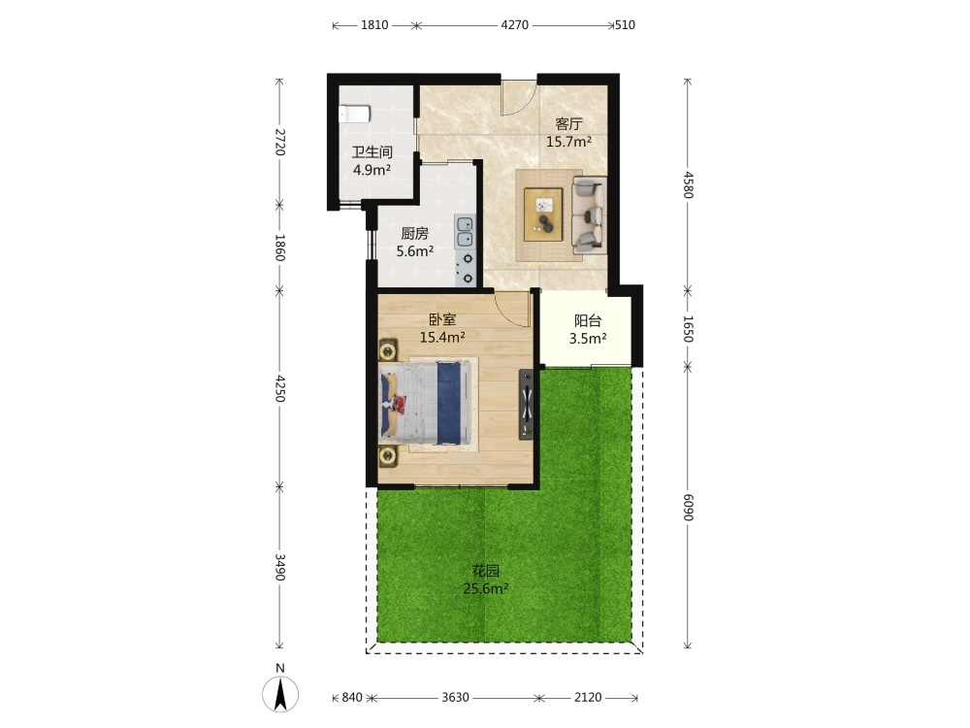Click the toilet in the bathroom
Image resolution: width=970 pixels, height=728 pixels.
pyautogui.click(x=354, y=114)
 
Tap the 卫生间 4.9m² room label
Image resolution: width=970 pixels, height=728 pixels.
pyautogui.click(x=372, y=161)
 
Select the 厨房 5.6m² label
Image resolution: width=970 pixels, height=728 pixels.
pyautogui.click(x=414, y=242)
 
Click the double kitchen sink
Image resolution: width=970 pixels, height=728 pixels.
pyautogui.click(x=465, y=232)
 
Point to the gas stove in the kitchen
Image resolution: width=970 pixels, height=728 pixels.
pyautogui.click(x=466, y=268)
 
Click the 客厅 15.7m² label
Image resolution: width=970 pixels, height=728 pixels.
pyautogui.click(x=568, y=132)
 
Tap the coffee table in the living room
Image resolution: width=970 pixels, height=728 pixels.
pyautogui.click(x=543, y=215)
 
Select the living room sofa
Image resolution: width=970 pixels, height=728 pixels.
pyautogui.click(x=589, y=215)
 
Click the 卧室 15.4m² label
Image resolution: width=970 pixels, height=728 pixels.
pyautogui.click(x=442, y=328)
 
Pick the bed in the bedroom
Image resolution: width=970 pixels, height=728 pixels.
pyautogui.click(x=424, y=403)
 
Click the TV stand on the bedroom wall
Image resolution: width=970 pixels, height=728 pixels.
pyautogui.click(x=527, y=404)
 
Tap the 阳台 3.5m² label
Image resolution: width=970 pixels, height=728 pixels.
pyautogui.click(x=588, y=329)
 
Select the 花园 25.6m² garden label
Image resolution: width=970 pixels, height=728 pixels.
pyautogui.click(x=486, y=579)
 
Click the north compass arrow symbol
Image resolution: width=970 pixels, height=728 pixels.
pyautogui.click(x=280, y=694)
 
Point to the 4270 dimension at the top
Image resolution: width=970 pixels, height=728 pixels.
pyautogui.click(x=514, y=25)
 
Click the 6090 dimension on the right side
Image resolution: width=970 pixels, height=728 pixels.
pyautogui.click(x=688, y=507)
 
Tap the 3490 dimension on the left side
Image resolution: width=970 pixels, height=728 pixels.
pyautogui.click(x=279, y=567)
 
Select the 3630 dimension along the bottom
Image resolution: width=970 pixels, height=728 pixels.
pyautogui.click(x=455, y=698)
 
